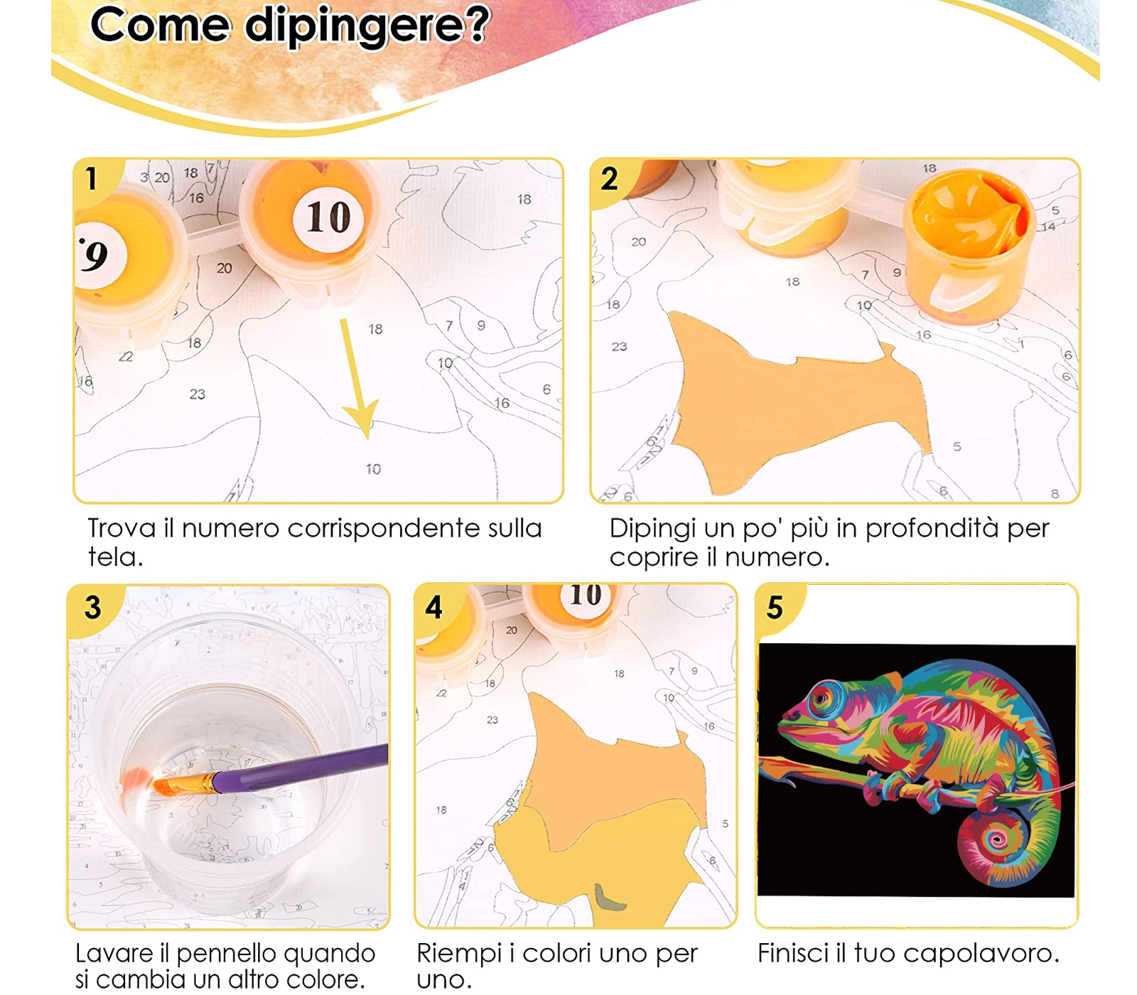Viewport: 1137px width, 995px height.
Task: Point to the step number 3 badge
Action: click(93, 608)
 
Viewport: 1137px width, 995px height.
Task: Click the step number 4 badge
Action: click(434, 608)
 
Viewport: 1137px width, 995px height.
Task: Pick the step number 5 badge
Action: click(775, 608)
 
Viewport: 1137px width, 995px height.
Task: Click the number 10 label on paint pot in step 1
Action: click(328, 217)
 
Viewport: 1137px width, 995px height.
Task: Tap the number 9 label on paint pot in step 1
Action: click(96, 256)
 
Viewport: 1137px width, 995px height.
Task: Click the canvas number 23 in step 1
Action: click(197, 394)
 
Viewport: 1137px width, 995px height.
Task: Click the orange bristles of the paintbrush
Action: click(173, 786)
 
